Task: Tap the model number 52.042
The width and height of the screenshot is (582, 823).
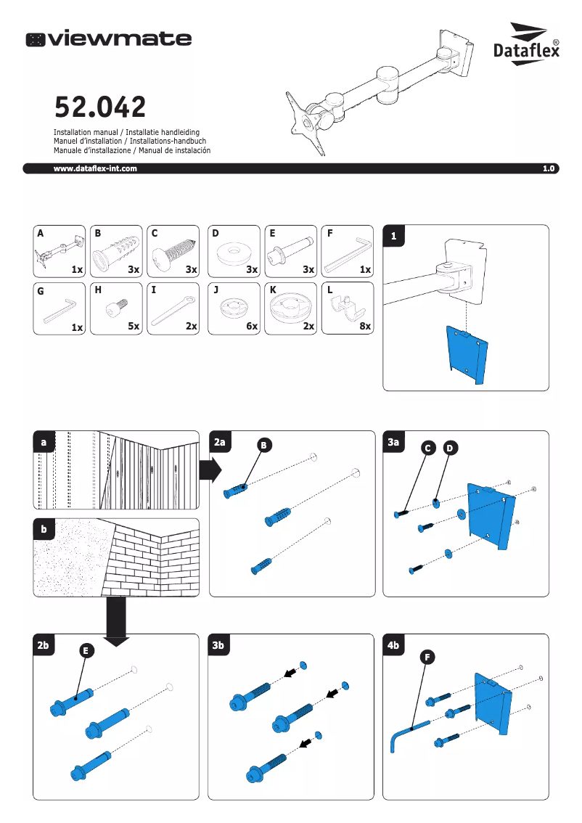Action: click(100, 107)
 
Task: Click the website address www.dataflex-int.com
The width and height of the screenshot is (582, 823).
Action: click(95, 168)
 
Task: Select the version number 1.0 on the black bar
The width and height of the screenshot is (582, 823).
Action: click(548, 168)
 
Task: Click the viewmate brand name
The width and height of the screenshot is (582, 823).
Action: click(109, 39)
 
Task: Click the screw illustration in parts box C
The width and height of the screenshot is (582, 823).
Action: click(173, 253)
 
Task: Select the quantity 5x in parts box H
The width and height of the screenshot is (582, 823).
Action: click(134, 327)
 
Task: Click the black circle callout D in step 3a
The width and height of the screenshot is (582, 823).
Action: click(450, 449)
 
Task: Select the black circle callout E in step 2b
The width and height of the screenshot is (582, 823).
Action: click(86, 651)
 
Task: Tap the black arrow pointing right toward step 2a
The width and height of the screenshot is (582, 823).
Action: click(210, 470)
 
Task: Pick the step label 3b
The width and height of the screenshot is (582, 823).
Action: click(222, 644)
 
